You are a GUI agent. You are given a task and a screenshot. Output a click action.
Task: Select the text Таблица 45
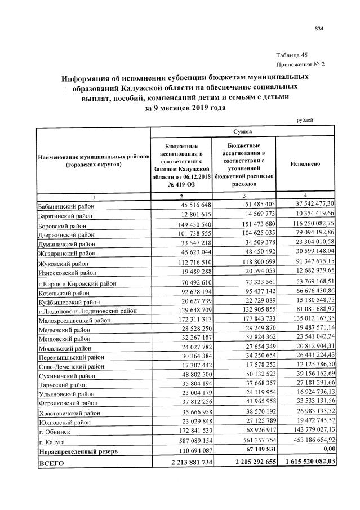coord(292,55)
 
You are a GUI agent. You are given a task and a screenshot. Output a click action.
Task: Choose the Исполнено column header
coord(305,163)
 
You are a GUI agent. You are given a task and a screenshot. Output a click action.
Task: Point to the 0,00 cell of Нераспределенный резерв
coord(326,450)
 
